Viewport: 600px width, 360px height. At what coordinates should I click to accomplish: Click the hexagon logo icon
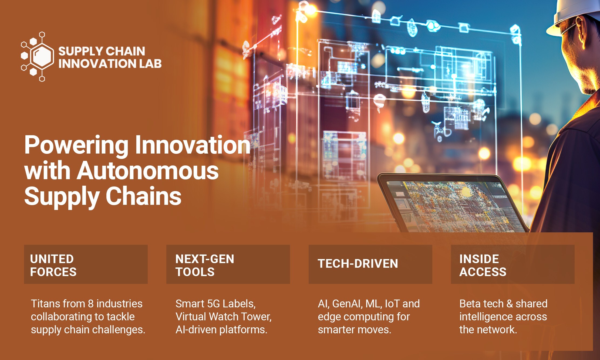pos(37,56)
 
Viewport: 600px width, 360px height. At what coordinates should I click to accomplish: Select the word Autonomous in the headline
pos(148,171)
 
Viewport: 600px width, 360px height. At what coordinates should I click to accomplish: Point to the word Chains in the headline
pos(143,196)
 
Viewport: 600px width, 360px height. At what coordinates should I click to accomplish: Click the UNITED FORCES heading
pos(53,265)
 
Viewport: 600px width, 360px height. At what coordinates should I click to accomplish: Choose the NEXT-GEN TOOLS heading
pos(205,265)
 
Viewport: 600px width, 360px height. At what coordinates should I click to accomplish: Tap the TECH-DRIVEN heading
pos(358,264)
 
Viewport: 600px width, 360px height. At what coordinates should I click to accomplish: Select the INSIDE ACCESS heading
pos(483,265)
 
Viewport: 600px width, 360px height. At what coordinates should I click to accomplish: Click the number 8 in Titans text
pos(91,304)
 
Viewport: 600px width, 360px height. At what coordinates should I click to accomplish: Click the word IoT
pos(392,304)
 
